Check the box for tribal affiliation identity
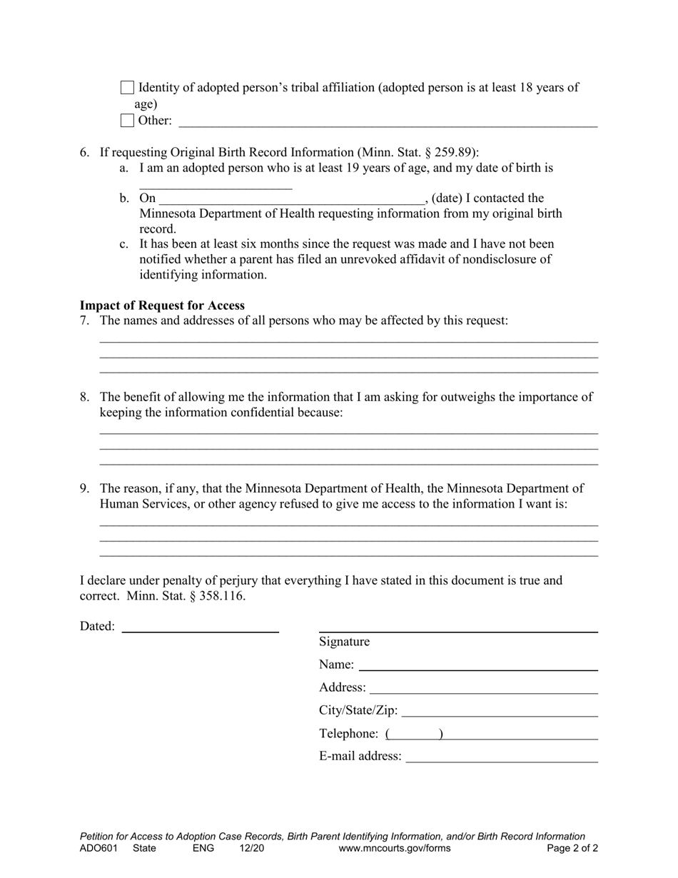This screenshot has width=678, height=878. point(127,88)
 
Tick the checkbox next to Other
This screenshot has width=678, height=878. point(127,121)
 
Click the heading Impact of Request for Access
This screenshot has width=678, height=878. point(162,306)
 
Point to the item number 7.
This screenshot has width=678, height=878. point(84,321)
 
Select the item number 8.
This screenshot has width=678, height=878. point(84,398)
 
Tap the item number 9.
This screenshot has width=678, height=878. point(84,489)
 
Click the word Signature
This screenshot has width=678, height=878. point(345,642)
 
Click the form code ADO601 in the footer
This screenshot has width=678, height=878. point(98,849)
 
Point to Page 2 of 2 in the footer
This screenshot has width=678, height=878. point(572,849)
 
